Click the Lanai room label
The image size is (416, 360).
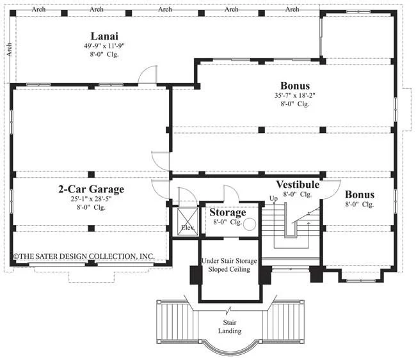(104, 36)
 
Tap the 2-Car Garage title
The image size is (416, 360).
(92, 189)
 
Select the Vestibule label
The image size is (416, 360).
(298, 185)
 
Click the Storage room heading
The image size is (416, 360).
(228, 212)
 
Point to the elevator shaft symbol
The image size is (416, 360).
(188, 222)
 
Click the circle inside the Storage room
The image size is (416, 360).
(250, 224)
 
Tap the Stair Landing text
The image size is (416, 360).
(230, 327)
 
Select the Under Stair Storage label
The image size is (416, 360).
(229, 261)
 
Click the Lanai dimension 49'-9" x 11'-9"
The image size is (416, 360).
(104, 45)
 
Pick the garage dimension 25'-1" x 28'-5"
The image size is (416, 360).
(91, 199)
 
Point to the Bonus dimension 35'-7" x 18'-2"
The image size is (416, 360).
(295, 95)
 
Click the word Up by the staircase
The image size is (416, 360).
(273, 198)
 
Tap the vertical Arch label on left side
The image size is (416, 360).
(9, 50)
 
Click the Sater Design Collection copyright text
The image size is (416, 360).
(84, 256)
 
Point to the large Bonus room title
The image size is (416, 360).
(295, 86)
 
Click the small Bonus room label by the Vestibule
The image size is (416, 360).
(360, 194)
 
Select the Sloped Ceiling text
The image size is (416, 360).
(229, 269)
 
